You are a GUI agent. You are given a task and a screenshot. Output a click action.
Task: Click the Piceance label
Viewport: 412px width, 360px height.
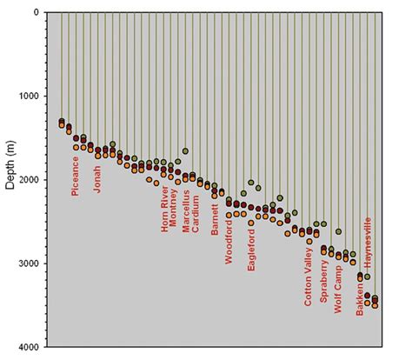click(x=76, y=176)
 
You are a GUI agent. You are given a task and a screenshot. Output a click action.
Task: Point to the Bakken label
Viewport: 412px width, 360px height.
click(x=360, y=296)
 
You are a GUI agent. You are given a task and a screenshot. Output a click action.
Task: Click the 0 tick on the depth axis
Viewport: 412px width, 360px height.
click(x=36, y=13)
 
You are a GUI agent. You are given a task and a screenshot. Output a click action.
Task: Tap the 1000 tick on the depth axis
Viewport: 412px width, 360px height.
click(x=29, y=97)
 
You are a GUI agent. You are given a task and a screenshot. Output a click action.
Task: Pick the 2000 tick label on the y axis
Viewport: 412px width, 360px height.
click(x=29, y=180)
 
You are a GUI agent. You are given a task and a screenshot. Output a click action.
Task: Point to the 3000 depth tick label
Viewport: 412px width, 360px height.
click(x=29, y=263)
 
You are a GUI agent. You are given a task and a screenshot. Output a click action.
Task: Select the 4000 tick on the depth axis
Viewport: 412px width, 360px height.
click(x=29, y=347)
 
